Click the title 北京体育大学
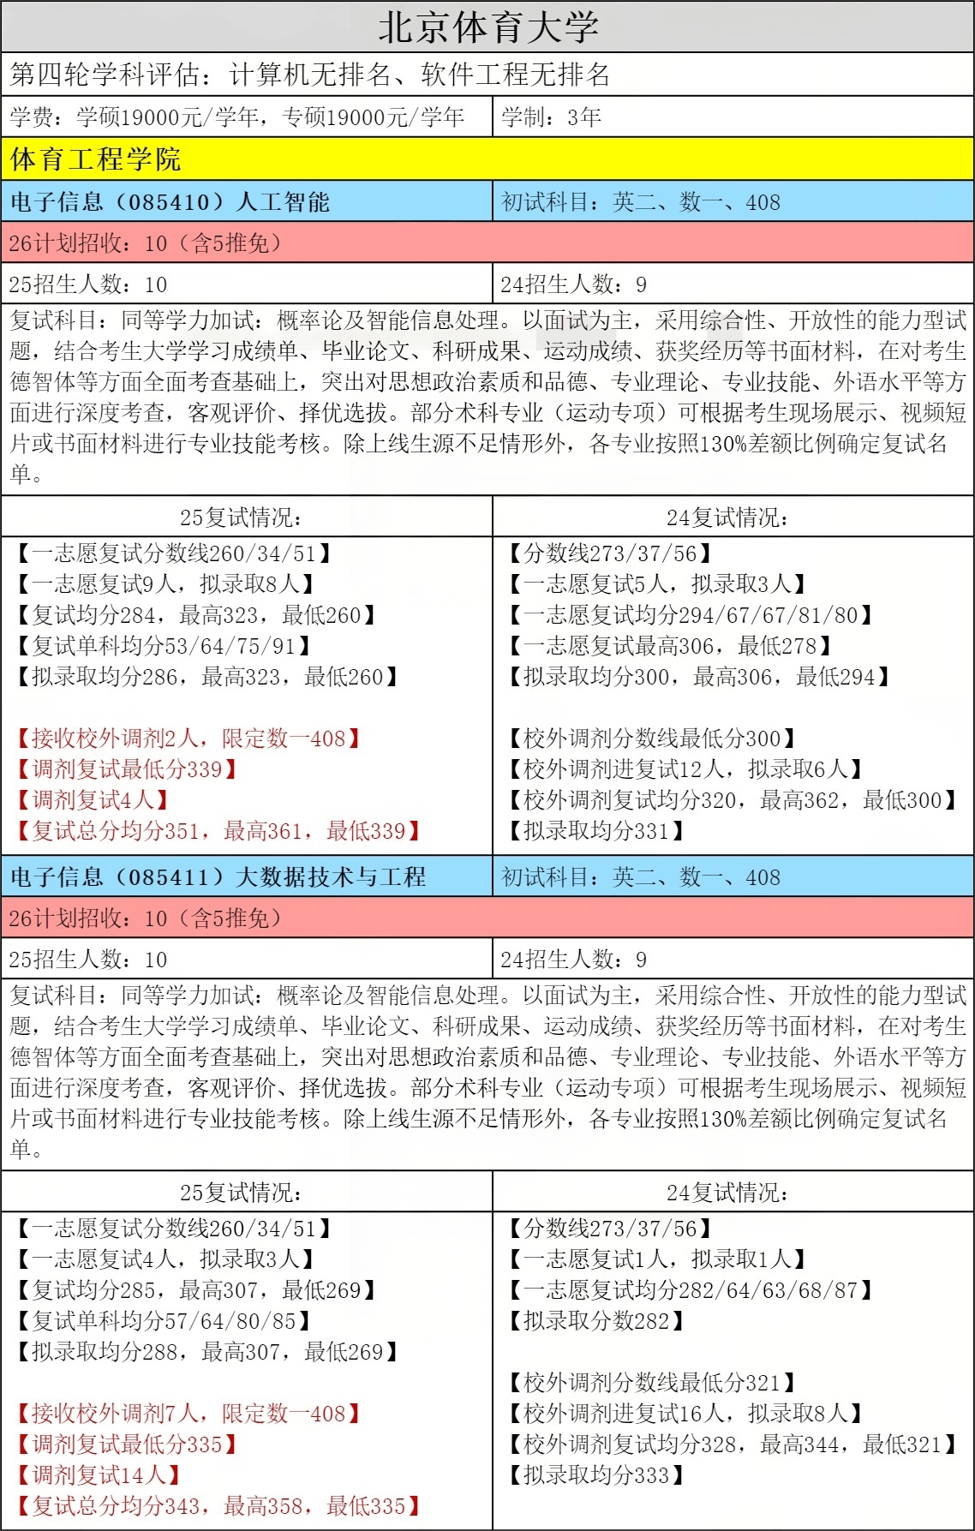tap(487, 27)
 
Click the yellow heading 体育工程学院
tap(96, 159)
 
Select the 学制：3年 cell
tap(552, 117)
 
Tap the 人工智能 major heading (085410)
tap(170, 202)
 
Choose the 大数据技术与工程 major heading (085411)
tap(218, 877)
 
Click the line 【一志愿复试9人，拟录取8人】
tap(164, 584)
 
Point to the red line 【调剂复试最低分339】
tap(126, 769)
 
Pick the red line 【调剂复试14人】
tap(97, 1475)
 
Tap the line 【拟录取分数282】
tap(595, 1321)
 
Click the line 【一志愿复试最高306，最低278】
tap(669, 646)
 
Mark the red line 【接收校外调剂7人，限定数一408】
tap(187, 1414)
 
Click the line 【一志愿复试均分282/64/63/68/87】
tap(690, 1290)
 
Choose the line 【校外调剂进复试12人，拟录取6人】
tap(685, 769)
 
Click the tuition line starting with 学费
tap(237, 117)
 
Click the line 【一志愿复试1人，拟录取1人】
tap(656, 1259)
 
